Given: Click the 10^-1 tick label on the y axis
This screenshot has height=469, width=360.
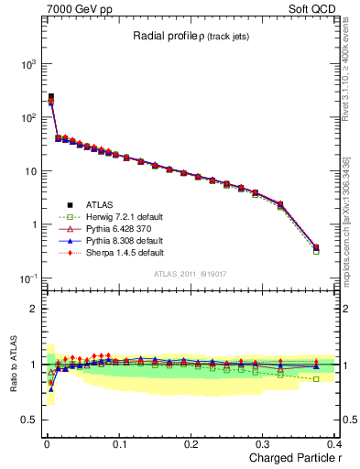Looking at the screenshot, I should [26, 278].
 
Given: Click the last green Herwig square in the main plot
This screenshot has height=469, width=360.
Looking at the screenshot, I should [316, 250].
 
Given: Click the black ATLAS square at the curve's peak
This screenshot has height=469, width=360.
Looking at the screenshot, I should [50, 96].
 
